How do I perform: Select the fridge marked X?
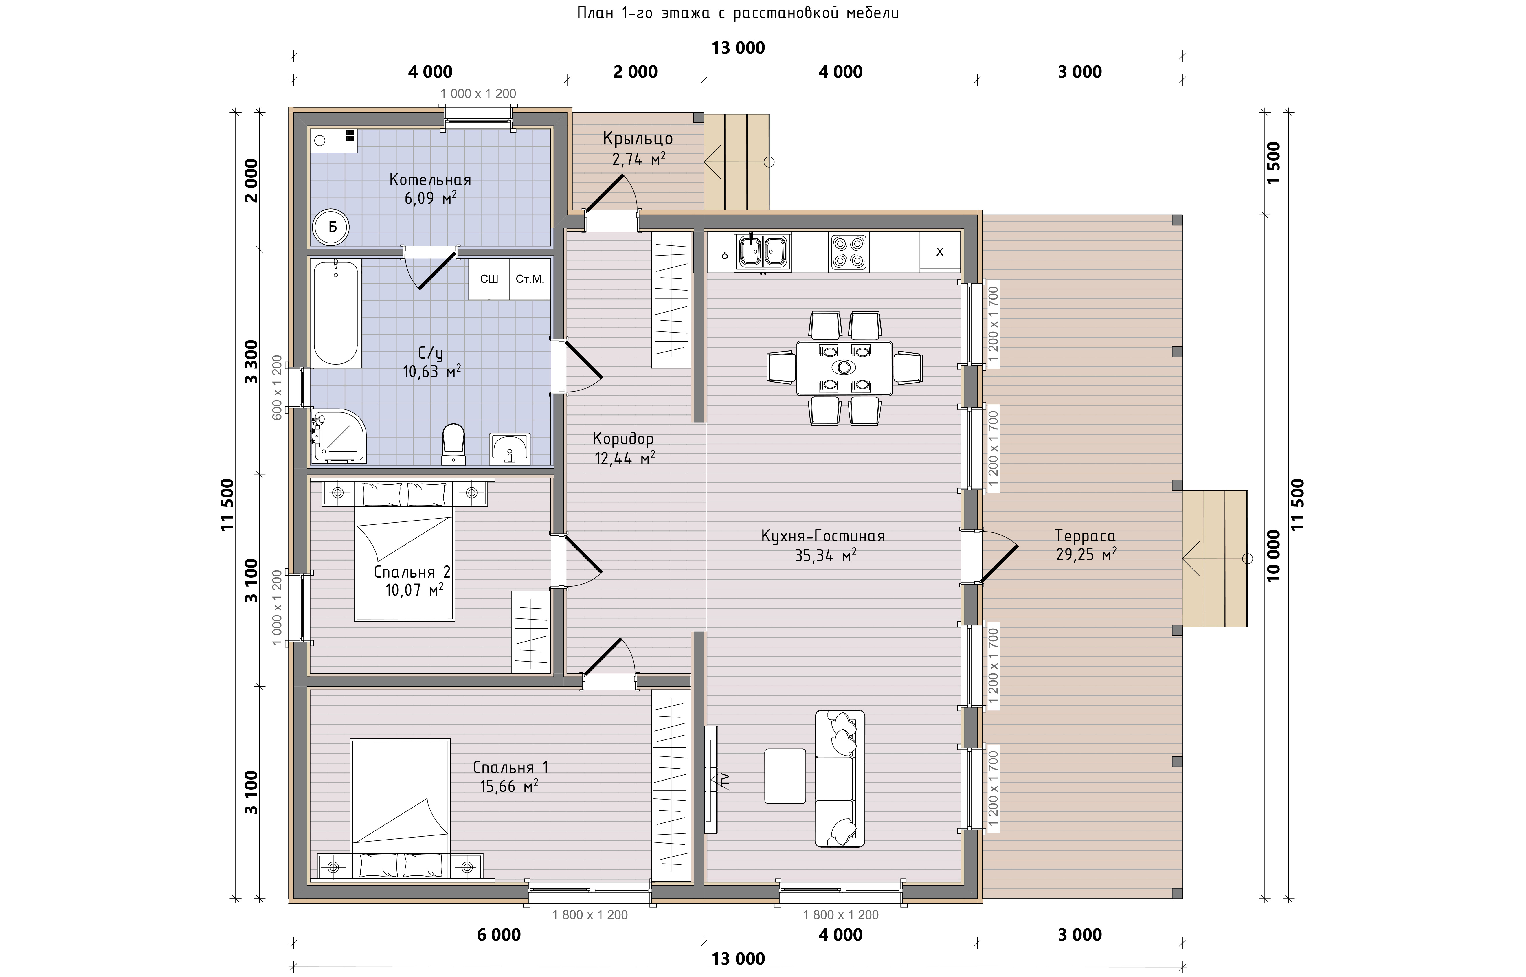(x=940, y=252)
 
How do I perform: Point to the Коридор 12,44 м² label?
(x=623, y=448)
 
